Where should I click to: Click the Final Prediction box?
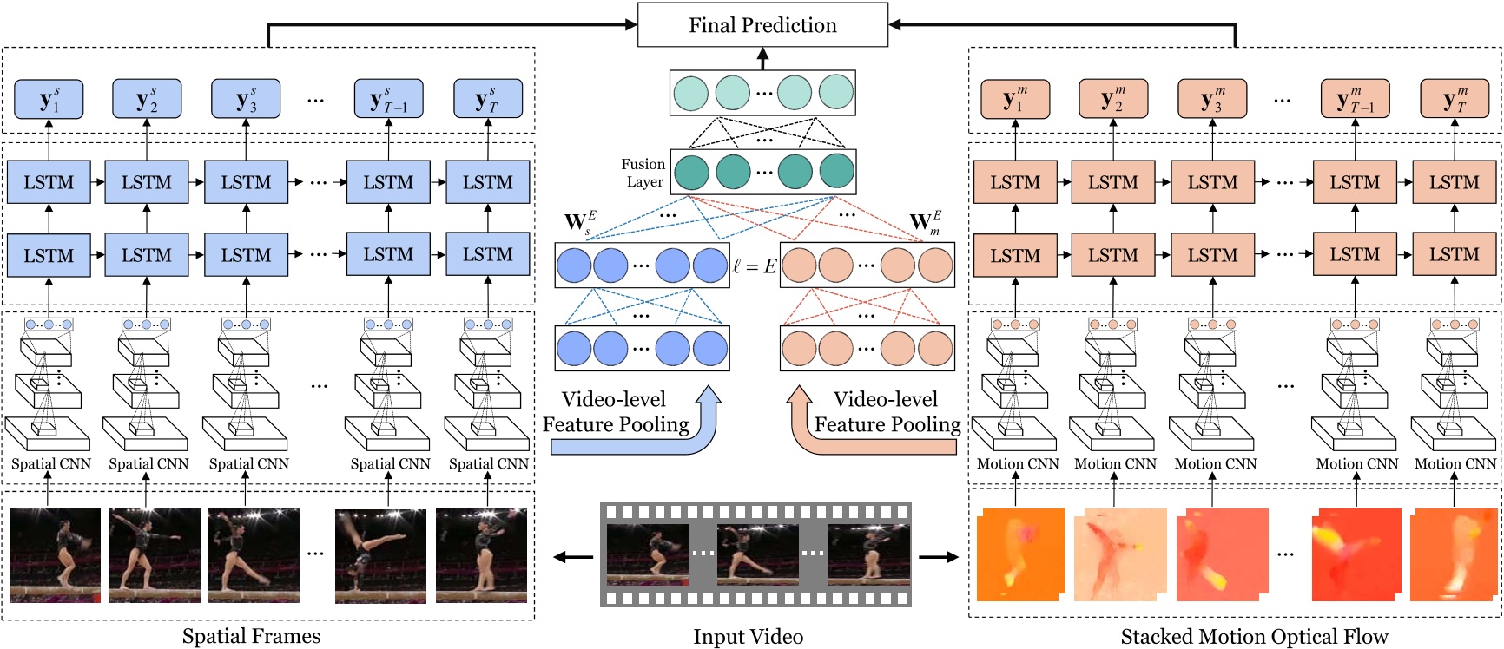tap(762, 25)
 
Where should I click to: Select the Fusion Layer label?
tap(643, 173)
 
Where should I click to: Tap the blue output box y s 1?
tap(49, 99)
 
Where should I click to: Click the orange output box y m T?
tap(1454, 99)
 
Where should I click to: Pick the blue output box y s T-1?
tap(388, 99)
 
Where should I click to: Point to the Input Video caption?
tap(748, 637)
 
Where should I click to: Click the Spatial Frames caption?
tap(251, 637)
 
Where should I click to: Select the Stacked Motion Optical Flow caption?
tap(1254, 637)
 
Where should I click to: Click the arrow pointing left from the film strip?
tap(573, 557)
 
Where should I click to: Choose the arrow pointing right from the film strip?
tap(939, 557)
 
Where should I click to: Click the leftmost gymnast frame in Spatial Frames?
tap(55, 555)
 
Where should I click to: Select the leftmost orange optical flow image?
tap(1020, 555)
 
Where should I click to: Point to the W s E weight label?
tap(579, 223)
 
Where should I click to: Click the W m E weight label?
tap(925, 223)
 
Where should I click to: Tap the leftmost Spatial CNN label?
tap(50, 464)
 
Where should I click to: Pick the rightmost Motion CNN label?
tap(1455, 464)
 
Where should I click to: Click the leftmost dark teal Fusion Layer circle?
tap(692, 171)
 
